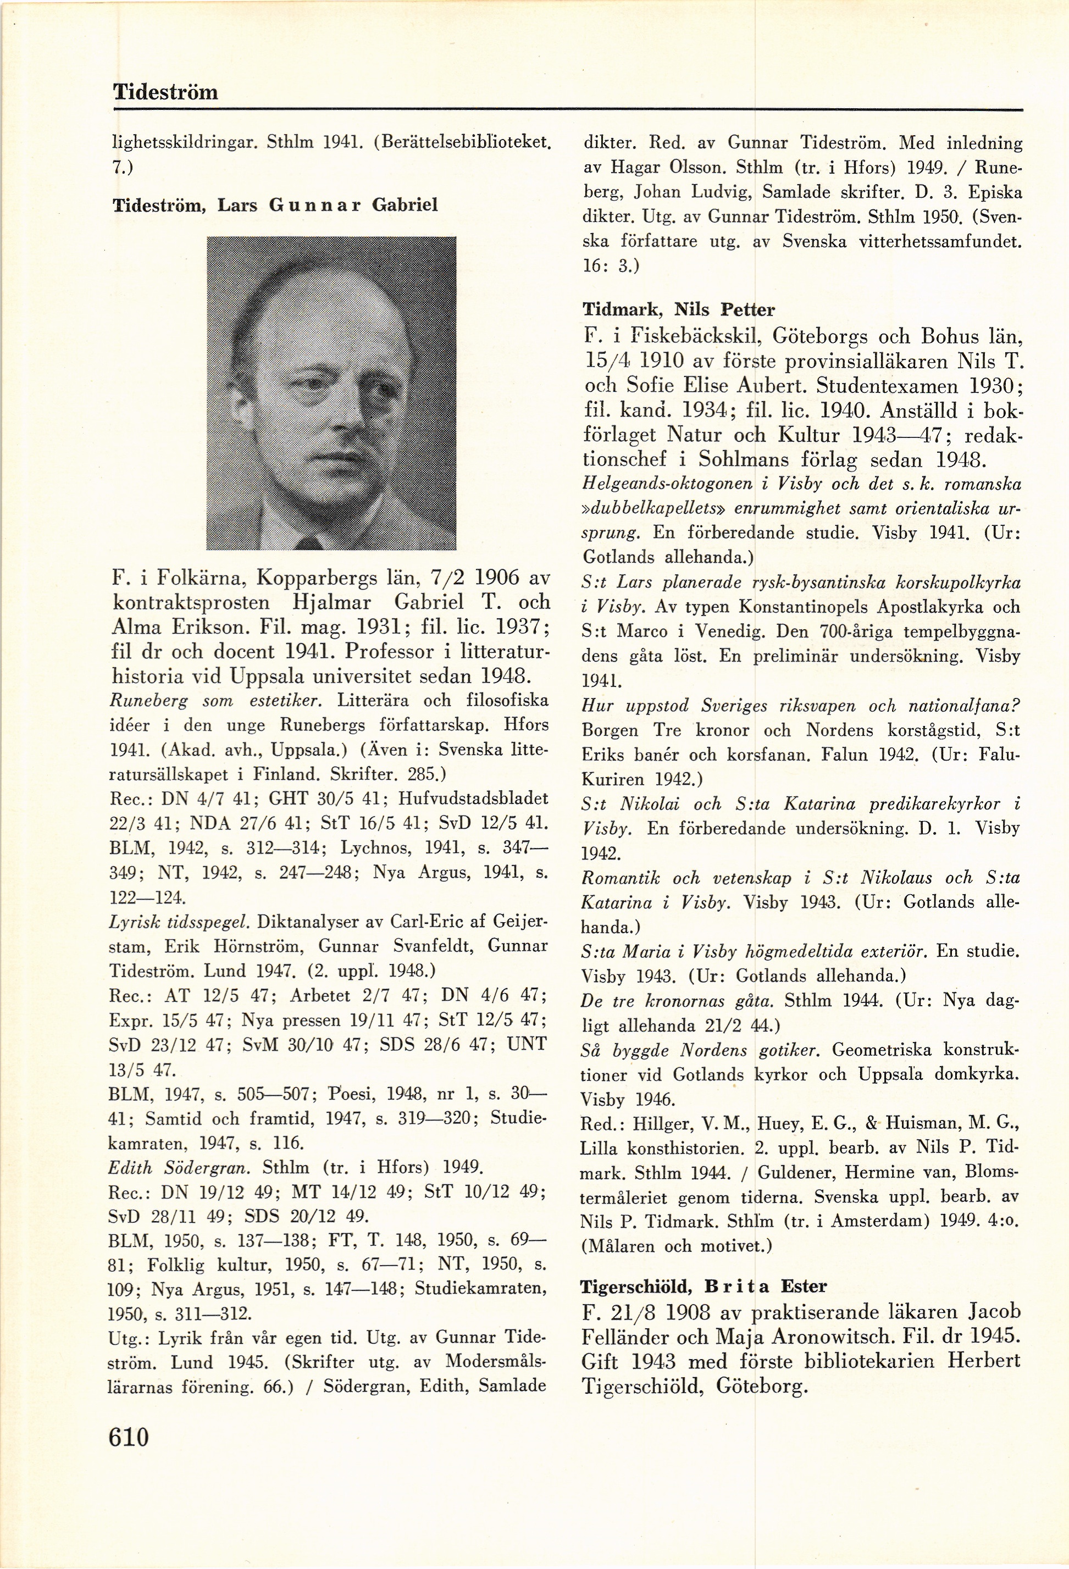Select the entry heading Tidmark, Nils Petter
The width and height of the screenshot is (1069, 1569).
click(x=678, y=310)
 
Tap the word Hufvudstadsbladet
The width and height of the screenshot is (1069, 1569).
click(x=473, y=799)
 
